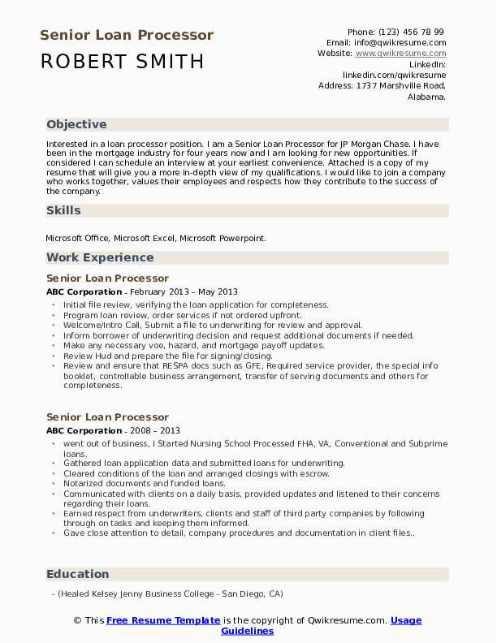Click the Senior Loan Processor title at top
[x=127, y=36]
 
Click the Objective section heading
[x=76, y=125]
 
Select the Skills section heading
[x=63, y=210]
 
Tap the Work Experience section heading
[x=100, y=257]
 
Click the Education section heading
[x=77, y=574]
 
